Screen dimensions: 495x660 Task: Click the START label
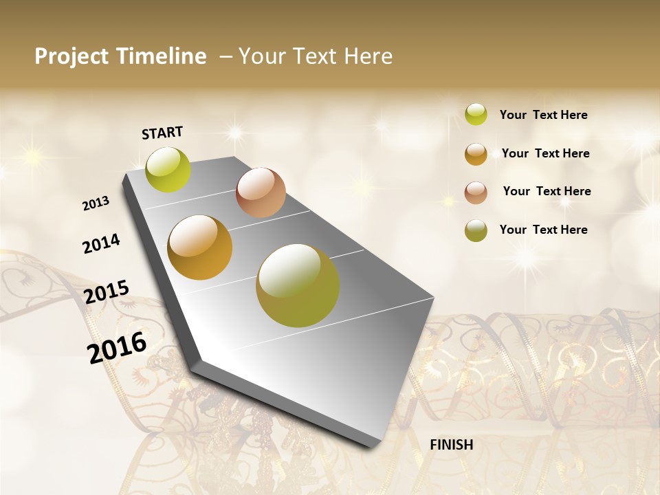pos(162,132)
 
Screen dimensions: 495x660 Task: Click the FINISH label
pos(451,445)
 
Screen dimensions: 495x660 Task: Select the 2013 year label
pos(96,203)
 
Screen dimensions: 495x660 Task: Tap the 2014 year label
pos(101,243)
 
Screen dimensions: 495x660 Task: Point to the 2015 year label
pos(107,292)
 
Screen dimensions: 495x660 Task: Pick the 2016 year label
pos(117,347)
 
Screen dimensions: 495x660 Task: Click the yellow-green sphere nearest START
pos(168,169)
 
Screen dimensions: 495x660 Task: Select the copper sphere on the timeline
pos(261,192)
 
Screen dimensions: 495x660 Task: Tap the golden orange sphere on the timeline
pos(200,247)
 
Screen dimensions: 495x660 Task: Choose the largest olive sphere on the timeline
pos(298,285)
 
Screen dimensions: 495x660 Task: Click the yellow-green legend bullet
pos(476,115)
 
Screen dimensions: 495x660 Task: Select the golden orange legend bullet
pos(476,154)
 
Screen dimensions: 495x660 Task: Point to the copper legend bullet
pos(476,192)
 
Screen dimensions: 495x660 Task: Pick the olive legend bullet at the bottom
pos(476,230)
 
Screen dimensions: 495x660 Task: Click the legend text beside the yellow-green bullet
pos(543,115)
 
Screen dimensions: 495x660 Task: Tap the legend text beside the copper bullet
pos(547,192)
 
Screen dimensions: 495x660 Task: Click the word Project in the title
pos(72,57)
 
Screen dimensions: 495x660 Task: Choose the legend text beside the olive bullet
pos(543,230)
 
